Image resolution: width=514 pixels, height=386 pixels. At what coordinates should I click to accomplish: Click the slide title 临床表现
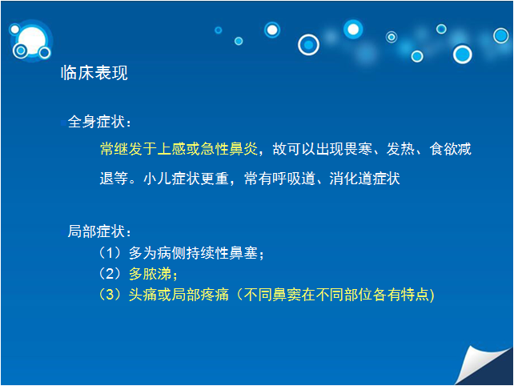pyautogui.click(x=94, y=73)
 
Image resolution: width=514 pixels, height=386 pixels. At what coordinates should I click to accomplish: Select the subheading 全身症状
pyautogui.click(x=96, y=122)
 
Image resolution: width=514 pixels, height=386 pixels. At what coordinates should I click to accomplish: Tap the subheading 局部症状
pyautogui.click(x=96, y=231)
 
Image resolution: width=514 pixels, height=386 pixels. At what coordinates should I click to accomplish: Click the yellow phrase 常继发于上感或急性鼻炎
pyautogui.click(x=179, y=149)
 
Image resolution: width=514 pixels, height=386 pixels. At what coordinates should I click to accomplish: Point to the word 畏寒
pyautogui.click(x=359, y=149)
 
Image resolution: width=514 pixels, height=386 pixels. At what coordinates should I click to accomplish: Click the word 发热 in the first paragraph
pyautogui.click(x=400, y=149)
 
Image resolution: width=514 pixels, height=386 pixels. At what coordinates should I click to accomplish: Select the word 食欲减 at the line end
pyautogui.click(x=451, y=149)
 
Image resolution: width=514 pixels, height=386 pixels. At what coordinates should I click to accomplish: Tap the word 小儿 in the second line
pyautogui.click(x=158, y=179)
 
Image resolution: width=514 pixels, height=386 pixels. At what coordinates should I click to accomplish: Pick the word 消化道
pyautogui.click(x=351, y=179)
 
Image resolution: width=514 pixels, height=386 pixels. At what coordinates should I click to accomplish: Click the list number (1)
pyautogui.click(x=110, y=252)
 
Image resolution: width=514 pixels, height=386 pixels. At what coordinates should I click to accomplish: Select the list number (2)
pyautogui.click(x=110, y=274)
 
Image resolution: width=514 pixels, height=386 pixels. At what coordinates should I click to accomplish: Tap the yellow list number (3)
pyautogui.click(x=110, y=294)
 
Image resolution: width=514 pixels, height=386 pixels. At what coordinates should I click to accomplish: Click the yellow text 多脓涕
pyautogui.click(x=151, y=274)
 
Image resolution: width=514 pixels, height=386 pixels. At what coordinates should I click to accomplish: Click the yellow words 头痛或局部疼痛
pyautogui.click(x=179, y=294)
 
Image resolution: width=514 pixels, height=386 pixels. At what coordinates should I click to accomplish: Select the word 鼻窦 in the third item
pyautogui.click(x=287, y=294)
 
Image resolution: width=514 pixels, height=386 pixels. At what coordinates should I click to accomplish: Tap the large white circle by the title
pyautogui.click(x=32, y=41)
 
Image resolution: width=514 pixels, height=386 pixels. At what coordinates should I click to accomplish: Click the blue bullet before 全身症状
pyautogui.click(x=62, y=123)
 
